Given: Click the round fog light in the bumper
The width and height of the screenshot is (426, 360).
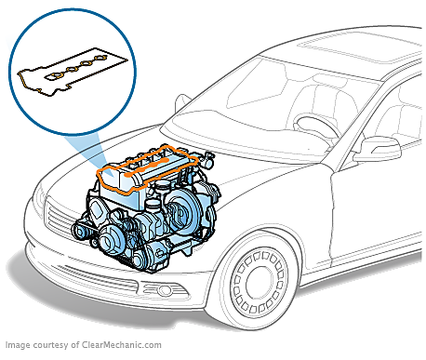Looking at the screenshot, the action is click(x=164, y=290).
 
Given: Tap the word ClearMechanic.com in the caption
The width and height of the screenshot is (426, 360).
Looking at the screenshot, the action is click(x=122, y=345).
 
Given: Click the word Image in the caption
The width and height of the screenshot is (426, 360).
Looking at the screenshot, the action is click(x=18, y=345).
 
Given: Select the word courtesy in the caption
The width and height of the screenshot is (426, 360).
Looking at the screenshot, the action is click(x=50, y=345).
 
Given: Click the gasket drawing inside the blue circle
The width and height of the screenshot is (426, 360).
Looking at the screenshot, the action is click(x=73, y=72).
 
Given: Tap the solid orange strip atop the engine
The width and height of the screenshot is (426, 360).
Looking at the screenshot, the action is click(x=146, y=167).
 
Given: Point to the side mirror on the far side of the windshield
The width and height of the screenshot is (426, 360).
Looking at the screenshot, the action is click(x=182, y=101).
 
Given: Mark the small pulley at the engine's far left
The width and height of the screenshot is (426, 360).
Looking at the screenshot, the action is click(x=80, y=231).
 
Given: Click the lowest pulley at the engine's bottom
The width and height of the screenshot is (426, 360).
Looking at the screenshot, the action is click(x=141, y=258).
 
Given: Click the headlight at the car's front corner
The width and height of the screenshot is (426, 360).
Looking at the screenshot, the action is click(x=40, y=198).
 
